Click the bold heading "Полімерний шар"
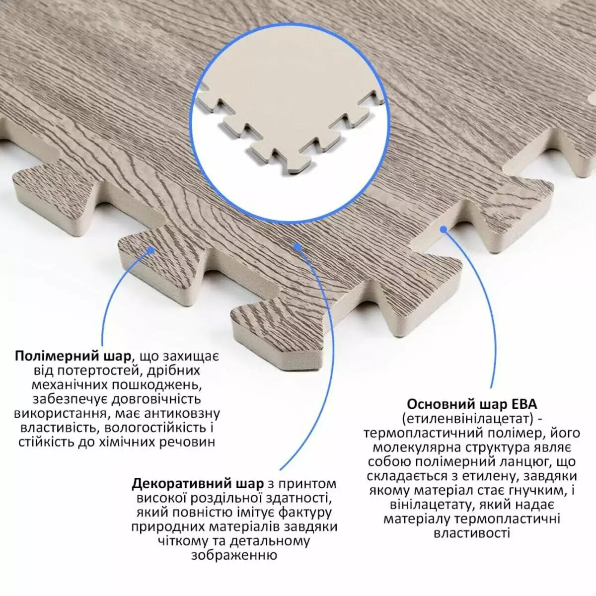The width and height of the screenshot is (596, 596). point(74,357)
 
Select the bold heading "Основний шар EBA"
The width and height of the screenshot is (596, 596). point(472,404)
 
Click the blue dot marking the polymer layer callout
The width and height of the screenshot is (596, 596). point(151,250)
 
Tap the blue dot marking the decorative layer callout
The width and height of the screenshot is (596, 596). point(298,246)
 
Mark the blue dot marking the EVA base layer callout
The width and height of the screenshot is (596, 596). point(444,229)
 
